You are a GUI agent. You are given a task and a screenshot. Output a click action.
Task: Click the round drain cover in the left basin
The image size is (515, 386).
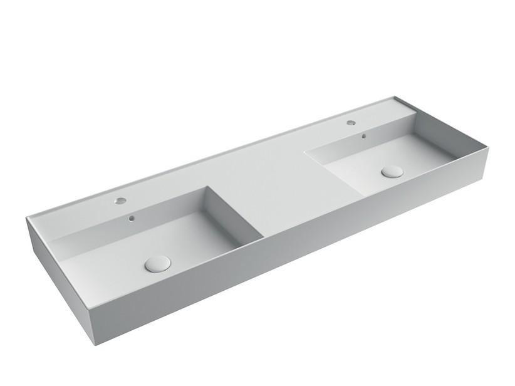tap(157, 263)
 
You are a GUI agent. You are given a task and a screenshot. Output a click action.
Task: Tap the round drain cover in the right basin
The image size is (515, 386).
tap(392, 170)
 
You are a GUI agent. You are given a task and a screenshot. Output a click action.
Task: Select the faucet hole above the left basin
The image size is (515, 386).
tap(120, 202)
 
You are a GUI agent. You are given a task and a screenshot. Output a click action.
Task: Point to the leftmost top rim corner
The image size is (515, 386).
tap(26, 217)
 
